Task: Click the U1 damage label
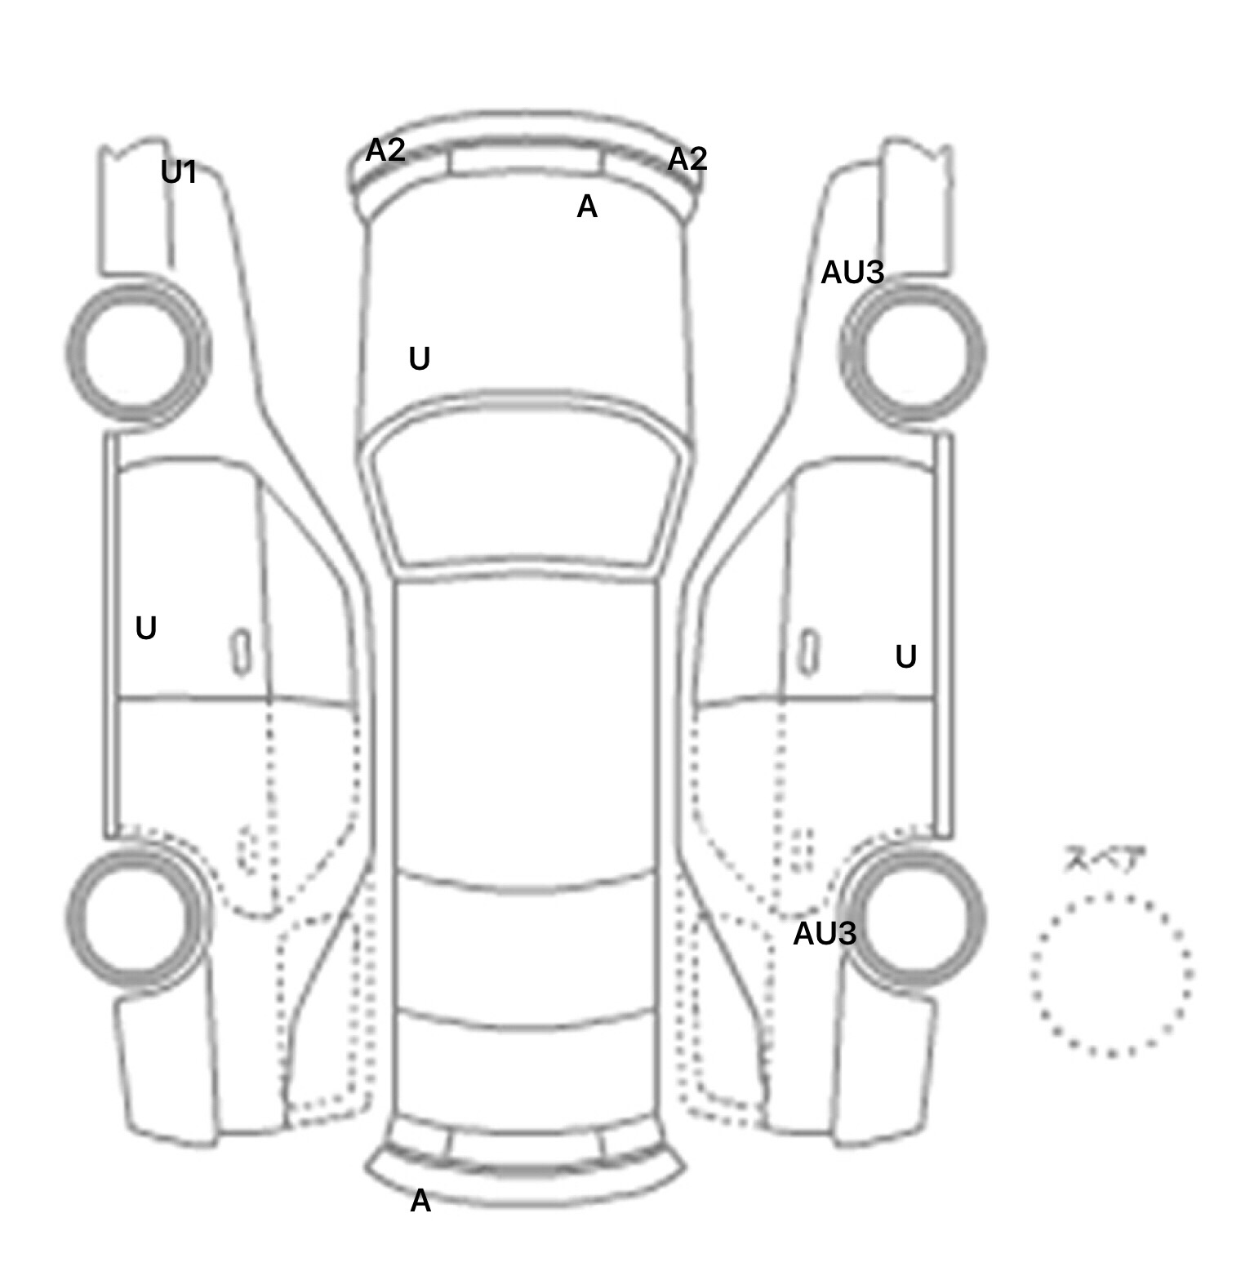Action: [179, 172]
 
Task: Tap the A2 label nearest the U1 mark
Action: [385, 150]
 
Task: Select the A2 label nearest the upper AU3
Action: [687, 158]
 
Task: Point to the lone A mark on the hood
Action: [587, 207]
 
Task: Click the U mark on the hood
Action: [419, 358]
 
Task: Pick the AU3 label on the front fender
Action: [852, 273]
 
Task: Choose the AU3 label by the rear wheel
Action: [825, 933]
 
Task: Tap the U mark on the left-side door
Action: [146, 628]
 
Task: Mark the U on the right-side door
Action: [906, 656]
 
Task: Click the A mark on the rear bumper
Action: [420, 1200]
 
